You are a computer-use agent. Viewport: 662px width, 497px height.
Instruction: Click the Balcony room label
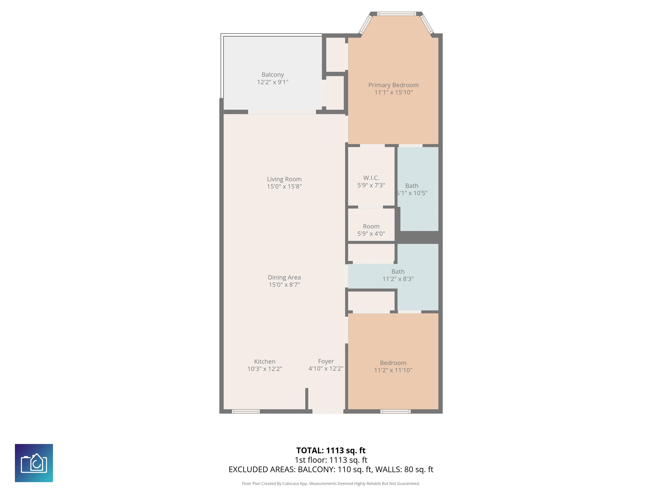(273, 75)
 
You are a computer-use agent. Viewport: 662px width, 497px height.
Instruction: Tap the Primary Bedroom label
(393, 85)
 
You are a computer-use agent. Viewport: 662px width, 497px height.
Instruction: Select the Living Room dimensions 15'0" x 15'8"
(284, 186)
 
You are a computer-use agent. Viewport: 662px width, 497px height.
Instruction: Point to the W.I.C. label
(371, 178)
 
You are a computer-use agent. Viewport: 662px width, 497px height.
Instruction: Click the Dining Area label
(284, 278)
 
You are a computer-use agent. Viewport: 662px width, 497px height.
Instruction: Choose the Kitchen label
(265, 362)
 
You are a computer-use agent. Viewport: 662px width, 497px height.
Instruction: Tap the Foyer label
(326, 362)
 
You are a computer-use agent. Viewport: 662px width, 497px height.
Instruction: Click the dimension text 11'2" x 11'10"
(393, 370)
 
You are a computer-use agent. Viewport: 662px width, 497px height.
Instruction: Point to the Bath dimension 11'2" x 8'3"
(398, 279)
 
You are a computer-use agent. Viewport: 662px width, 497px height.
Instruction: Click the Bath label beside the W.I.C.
(412, 186)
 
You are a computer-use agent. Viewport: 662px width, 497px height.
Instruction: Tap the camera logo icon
(34, 463)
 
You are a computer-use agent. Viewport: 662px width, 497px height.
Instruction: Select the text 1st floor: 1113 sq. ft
(331, 460)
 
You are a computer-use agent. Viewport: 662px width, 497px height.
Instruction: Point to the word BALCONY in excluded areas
(315, 469)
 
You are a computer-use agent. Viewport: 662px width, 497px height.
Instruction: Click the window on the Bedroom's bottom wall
(395, 411)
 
